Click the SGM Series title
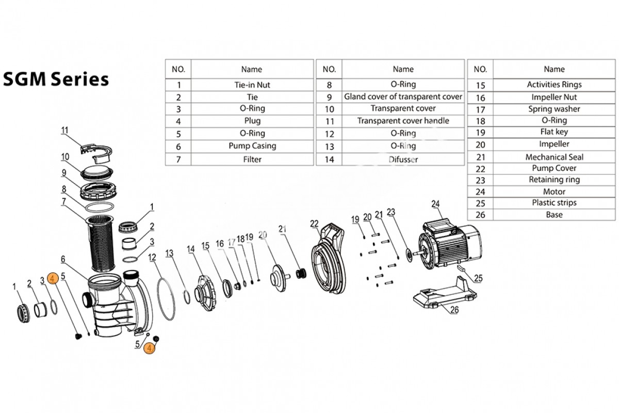[x=56, y=80]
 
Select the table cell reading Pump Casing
[x=252, y=146]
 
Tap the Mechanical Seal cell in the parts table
[x=554, y=157]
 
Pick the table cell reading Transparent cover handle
[x=403, y=121]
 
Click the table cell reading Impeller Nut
[x=554, y=97]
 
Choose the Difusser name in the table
[x=403, y=160]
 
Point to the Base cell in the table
[x=554, y=215]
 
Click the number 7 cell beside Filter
[x=178, y=160]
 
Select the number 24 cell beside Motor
[x=480, y=192]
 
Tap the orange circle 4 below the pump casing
[x=149, y=348]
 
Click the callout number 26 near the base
[x=454, y=310]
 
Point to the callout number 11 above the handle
[x=64, y=131]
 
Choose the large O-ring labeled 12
[x=164, y=298]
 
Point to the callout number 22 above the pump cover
[x=314, y=223]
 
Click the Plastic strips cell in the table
[x=554, y=203]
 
